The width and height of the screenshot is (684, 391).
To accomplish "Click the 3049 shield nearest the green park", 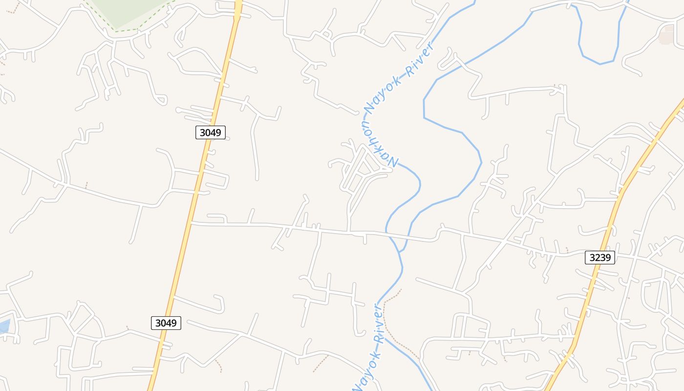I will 211,132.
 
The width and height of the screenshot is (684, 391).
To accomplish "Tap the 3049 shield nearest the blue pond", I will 166,323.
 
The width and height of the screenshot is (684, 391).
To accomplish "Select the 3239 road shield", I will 599,258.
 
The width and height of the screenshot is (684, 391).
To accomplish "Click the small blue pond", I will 4,326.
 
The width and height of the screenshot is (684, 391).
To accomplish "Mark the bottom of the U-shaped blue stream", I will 600,63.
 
